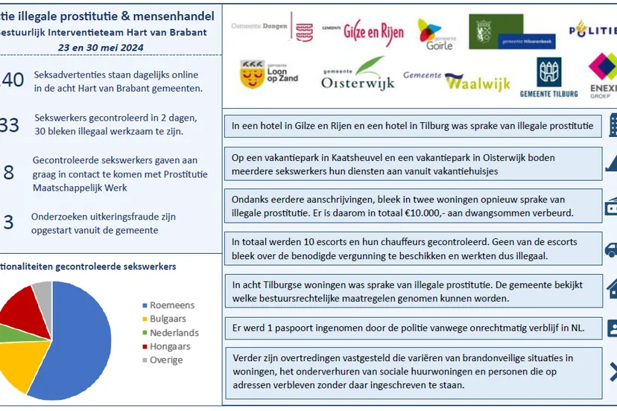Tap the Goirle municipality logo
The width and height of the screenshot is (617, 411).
click(x=435, y=33)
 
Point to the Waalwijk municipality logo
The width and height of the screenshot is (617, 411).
click(x=457, y=80)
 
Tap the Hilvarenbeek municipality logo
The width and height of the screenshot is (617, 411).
click(x=504, y=33)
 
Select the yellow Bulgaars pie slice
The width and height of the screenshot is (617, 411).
click(x=25, y=360)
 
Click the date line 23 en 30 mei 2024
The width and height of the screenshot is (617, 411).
click(x=101, y=47)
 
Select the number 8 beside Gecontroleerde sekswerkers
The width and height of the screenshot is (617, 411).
click(x=9, y=173)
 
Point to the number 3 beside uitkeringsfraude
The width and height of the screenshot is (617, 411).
click(x=9, y=223)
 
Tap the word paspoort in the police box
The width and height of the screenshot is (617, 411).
click(x=308, y=327)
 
